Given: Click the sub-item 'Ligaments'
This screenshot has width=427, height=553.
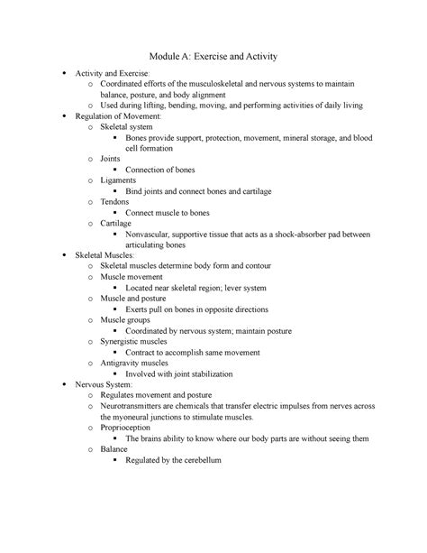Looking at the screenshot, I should point(123,180).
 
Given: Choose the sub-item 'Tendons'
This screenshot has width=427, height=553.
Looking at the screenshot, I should point(119,201).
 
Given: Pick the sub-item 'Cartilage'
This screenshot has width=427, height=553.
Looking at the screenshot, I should point(121,222).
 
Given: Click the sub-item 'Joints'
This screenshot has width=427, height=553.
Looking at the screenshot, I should point(114,159).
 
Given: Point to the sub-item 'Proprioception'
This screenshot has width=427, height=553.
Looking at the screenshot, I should point(134,428).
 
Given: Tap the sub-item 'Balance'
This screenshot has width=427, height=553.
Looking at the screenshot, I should point(116,448).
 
